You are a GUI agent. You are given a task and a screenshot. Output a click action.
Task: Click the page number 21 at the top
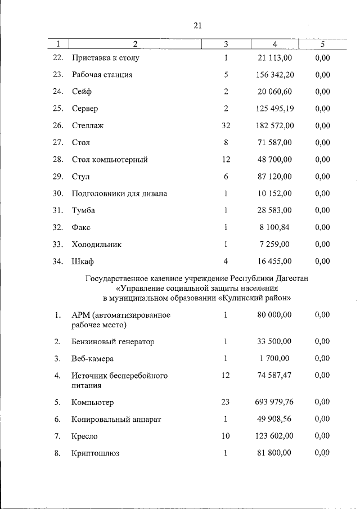click(x=197, y=25)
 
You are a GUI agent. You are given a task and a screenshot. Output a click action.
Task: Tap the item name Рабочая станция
click(x=102, y=74)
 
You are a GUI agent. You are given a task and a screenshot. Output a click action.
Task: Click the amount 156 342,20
click(x=275, y=74)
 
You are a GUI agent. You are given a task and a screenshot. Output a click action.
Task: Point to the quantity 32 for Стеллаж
click(x=226, y=125)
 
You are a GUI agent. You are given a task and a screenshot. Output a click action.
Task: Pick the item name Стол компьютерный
click(x=110, y=160)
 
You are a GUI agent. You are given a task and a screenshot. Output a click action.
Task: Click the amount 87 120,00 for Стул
click(x=275, y=177)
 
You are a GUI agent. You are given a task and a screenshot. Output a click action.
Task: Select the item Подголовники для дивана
click(x=119, y=193)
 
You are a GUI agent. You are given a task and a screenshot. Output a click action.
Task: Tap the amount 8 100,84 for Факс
click(x=277, y=227)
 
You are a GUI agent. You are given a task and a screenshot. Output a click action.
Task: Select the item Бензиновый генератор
click(x=113, y=341)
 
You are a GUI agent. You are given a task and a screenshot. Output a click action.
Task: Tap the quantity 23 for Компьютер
click(x=226, y=402)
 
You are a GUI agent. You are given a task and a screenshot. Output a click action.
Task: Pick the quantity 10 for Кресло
click(x=226, y=436)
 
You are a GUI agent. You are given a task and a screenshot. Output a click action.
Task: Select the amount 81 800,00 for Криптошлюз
click(x=275, y=453)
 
